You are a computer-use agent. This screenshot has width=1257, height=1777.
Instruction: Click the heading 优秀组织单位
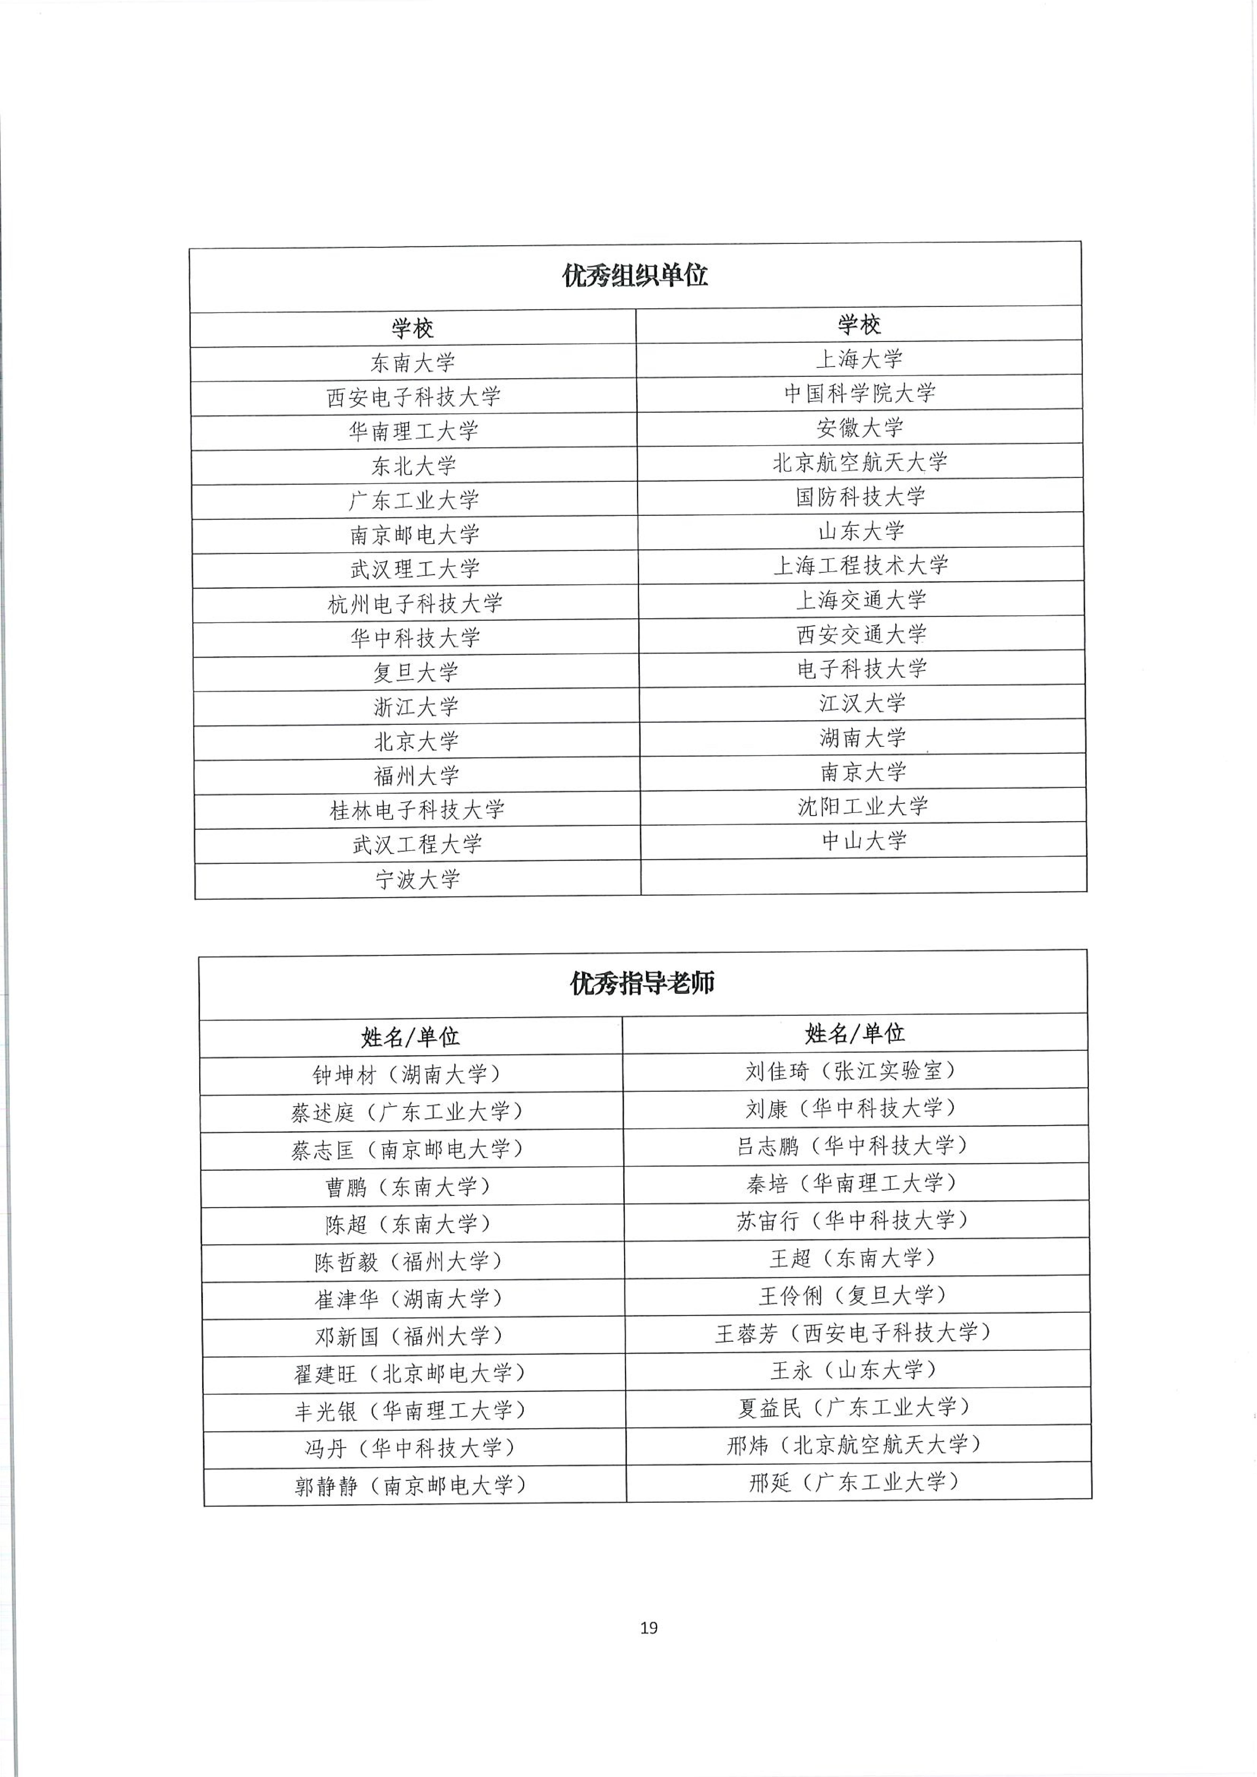(x=635, y=275)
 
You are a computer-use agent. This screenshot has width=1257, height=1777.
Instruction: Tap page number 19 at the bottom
(x=649, y=1628)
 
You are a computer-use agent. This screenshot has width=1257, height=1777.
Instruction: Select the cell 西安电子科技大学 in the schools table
(x=414, y=397)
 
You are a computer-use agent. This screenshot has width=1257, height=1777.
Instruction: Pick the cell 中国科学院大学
(x=859, y=393)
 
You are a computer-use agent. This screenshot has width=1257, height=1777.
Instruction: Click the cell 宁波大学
(x=418, y=879)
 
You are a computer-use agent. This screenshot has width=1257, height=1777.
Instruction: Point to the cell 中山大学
(x=864, y=840)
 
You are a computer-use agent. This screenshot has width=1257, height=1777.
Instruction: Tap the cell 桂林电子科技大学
(x=417, y=810)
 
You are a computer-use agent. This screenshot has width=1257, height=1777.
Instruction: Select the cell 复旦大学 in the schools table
(x=416, y=672)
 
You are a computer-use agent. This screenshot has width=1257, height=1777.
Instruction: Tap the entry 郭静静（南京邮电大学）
(x=410, y=1485)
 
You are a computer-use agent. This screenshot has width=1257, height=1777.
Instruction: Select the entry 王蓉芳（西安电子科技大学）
(x=853, y=1333)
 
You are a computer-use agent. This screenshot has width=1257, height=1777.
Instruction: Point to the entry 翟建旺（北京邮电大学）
(x=410, y=1373)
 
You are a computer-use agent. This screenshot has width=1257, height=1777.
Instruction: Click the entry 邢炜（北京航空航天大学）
(x=854, y=1444)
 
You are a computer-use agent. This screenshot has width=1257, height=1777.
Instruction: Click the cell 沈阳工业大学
(x=863, y=806)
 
